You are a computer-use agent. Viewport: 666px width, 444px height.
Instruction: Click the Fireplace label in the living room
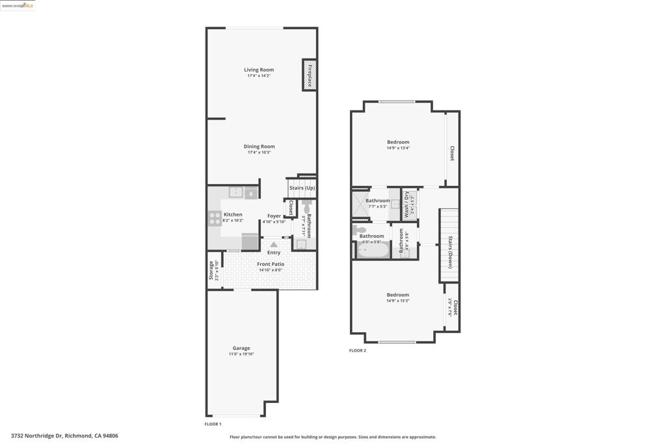pyautogui.click(x=310, y=75)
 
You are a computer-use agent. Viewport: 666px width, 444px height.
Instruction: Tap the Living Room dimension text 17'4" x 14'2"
pyautogui.click(x=259, y=76)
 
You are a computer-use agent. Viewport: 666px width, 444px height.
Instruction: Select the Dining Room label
pyautogui.click(x=259, y=146)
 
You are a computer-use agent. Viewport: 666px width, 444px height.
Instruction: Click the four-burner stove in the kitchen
pyautogui.click(x=215, y=218)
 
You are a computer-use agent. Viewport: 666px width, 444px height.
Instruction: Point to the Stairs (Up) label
pyautogui.click(x=302, y=188)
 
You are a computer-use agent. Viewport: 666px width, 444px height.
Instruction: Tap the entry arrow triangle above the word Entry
pyautogui.click(x=274, y=244)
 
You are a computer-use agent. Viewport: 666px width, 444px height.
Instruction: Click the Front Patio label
pyautogui.click(x=270, y=264)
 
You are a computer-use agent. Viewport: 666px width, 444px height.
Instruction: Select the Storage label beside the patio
pyautogui.click(x=211, y=270)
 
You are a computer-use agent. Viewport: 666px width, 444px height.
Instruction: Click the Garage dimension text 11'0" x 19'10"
pyautogui.click(x=241, y=354)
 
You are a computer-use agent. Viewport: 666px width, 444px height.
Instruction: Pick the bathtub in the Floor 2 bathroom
pyautogui.click(x=373, y=250)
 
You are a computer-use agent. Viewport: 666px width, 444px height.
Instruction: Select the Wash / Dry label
pyautogui.click(x=406, y=204)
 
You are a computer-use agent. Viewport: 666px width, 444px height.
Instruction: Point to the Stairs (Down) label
pyautogui.click(x=450, y=252)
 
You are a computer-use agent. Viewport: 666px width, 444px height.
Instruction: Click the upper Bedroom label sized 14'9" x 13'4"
pyautogui.click(x=398, y=142)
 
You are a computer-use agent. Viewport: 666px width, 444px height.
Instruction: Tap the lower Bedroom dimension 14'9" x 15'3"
pyautogui.click(x=398, y=301)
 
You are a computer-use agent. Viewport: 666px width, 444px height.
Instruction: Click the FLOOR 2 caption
pyautogui.click(x=357, y=350)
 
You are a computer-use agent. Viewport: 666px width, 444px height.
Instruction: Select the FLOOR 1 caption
pyautogui.click(x=213, y=424)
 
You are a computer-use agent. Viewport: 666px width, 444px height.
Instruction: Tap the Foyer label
pyautogui.click(x=274, y=216)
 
